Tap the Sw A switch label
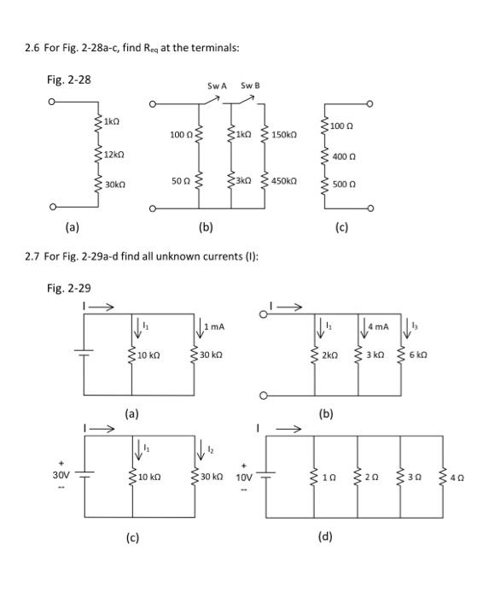[x=217, y=86]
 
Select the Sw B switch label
[x=249, y=86]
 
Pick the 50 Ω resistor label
[x=180, y=181]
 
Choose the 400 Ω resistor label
[x=345, y=158]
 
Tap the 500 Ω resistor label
[x=345, y=183]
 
